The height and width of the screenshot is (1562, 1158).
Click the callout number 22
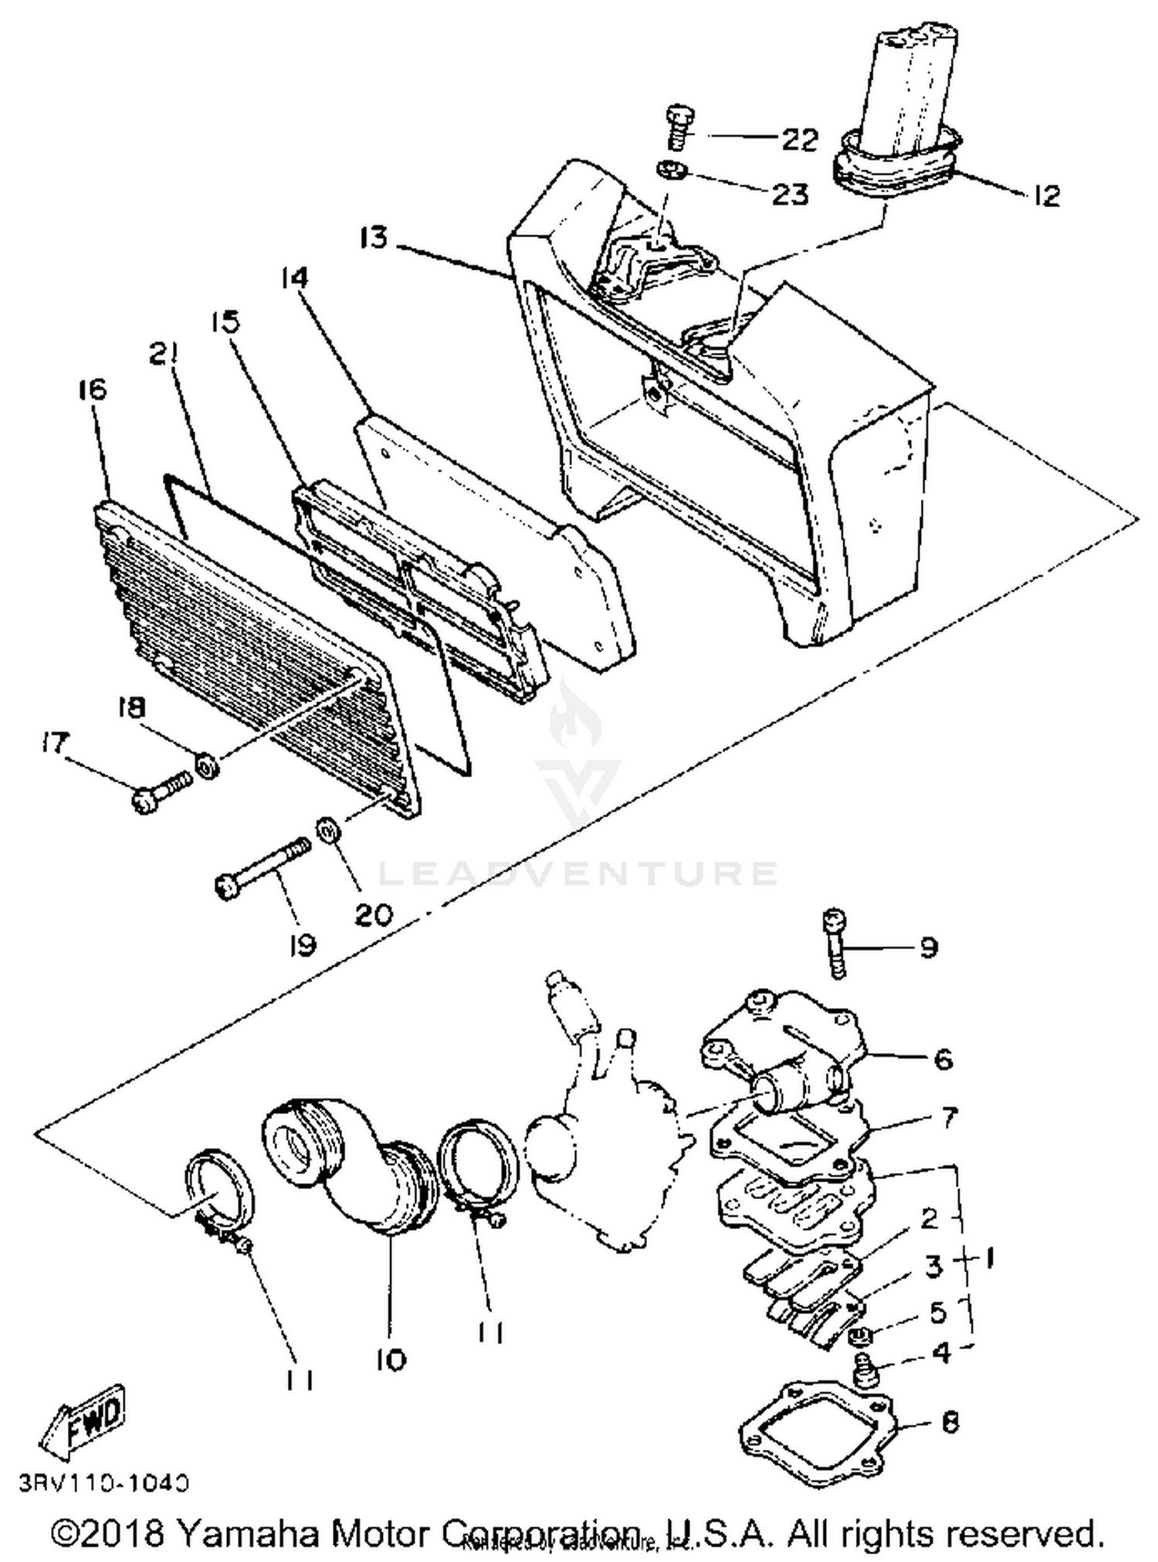click(799, 139)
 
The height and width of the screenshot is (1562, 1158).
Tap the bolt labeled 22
click(678, 128)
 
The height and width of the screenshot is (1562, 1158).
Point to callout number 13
click(373, 238)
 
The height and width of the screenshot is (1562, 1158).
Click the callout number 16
click(92, 389)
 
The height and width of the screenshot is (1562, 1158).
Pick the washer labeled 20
click(328, 832)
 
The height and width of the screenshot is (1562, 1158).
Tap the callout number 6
click(943, 1058)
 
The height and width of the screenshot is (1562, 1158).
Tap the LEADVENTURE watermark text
click(577, 873)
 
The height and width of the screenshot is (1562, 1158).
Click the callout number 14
click(294, 277)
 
